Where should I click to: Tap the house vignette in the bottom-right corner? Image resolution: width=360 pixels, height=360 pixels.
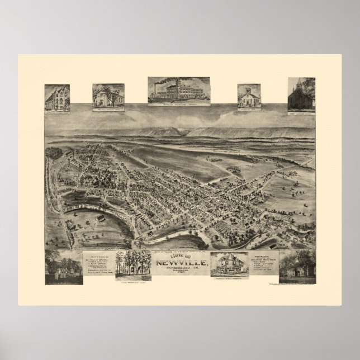[x=297, y=264]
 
